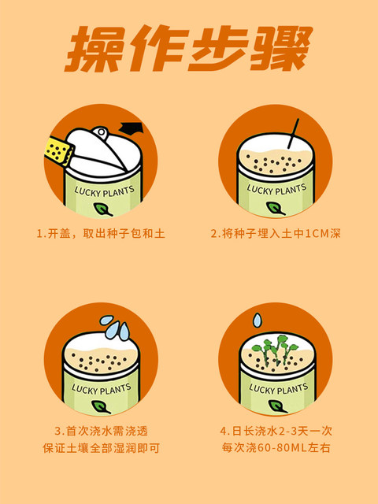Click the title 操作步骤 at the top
pos(189,48)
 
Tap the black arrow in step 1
pos(132,128)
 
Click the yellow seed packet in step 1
pos(57,151)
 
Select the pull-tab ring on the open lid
pos(101,132)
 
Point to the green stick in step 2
pos(294,133)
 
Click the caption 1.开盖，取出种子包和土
pos(101,233)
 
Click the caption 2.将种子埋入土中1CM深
pos(276,233)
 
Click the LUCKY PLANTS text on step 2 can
pos(276,190)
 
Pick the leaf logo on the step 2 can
pos(275,208)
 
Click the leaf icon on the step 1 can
pos(103,209)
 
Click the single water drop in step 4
pos(258,321)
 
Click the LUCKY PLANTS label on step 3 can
pos(101,389)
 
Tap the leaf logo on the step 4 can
pos(277,406)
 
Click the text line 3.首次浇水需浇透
pos(101,431)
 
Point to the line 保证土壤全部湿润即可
pos(101,448)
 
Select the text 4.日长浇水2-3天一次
pos(276,431)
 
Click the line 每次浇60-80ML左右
pos(276,448)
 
